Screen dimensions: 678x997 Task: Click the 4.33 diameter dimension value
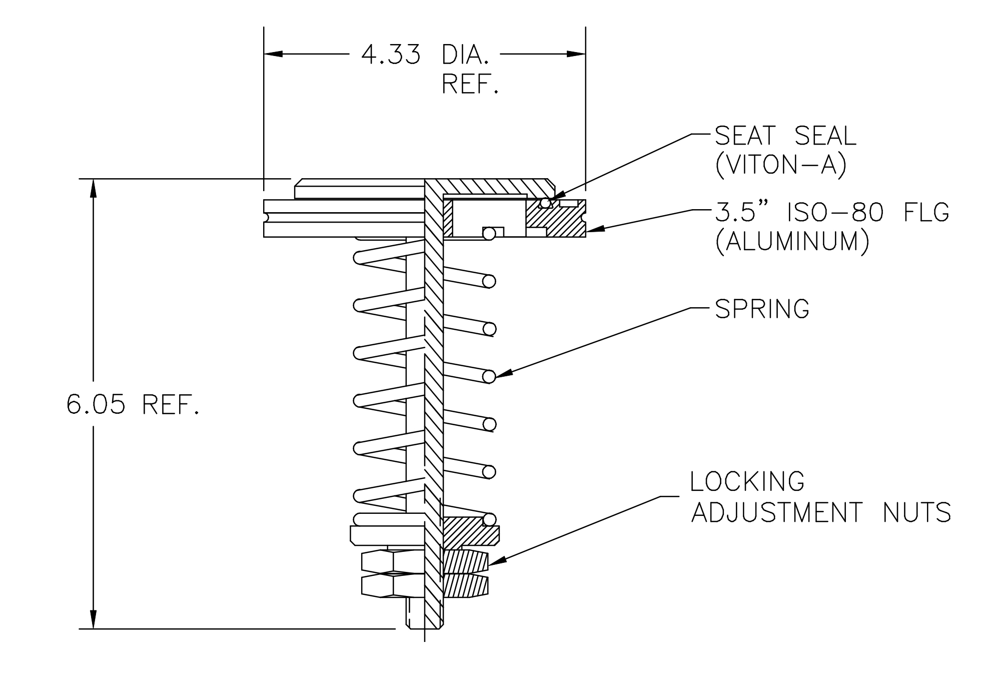[391, 55]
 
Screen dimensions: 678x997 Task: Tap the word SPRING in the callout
[762, 309]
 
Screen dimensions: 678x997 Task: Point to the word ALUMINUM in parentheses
[792, 242]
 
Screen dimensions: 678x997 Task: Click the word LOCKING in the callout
[747, 481]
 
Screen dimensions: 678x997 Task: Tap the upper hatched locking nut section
[465, 561]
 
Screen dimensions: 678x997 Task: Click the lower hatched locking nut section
[465, 586]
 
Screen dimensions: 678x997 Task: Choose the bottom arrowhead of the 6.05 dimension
[93, 619]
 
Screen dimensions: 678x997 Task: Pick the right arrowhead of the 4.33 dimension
[576, 54]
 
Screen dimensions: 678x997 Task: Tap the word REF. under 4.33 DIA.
[470, 85]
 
